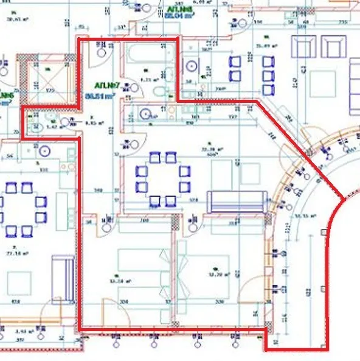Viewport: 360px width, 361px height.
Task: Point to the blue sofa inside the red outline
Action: click(x=237, y=201)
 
